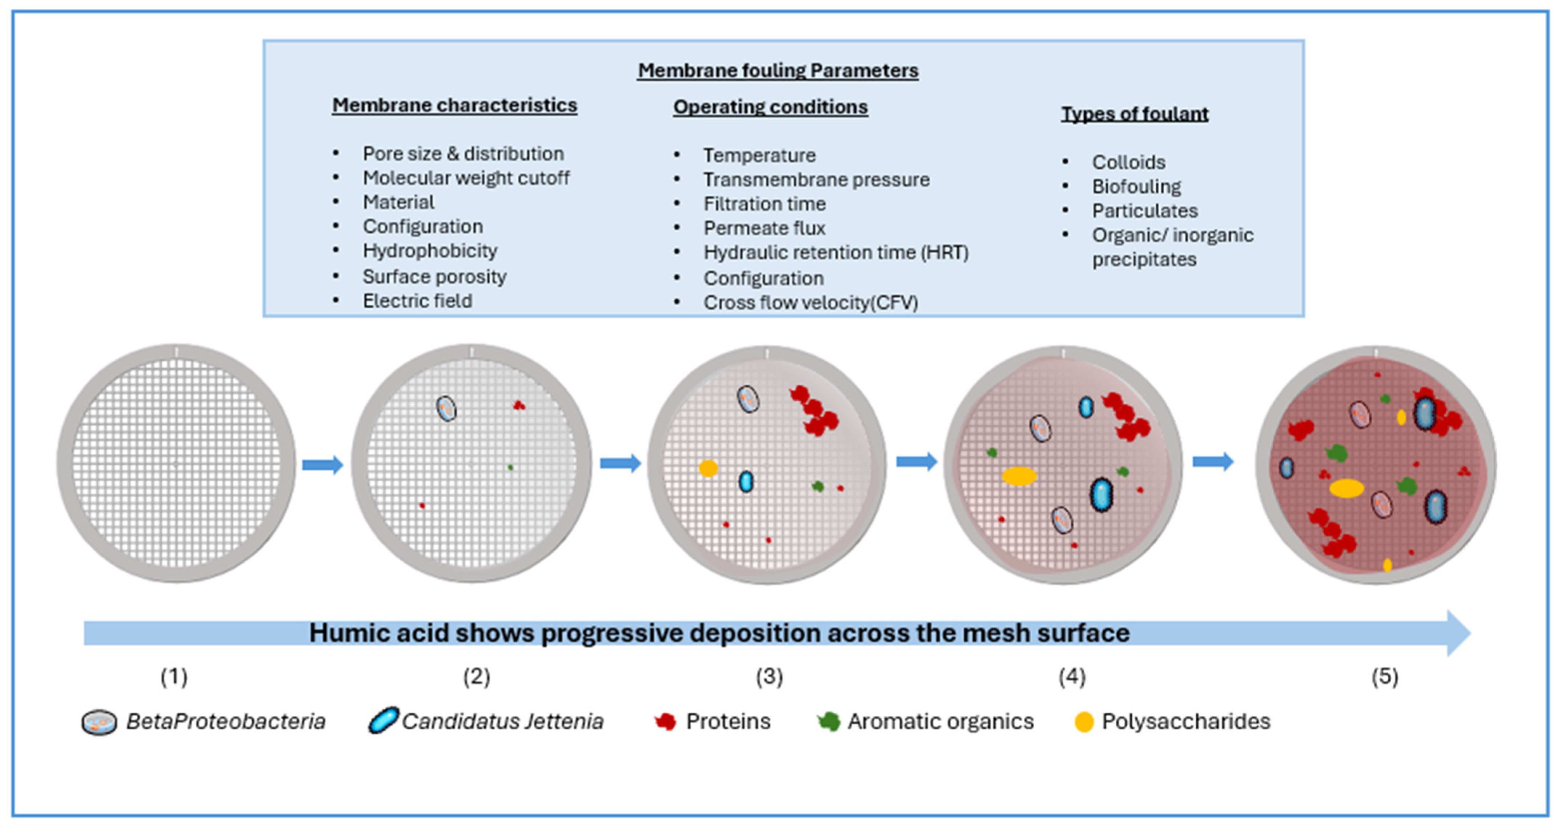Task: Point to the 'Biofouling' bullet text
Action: [x=1136, y=187]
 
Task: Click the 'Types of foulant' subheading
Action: [x=1134, y=114]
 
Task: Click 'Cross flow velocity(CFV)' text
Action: [x=811, y=302]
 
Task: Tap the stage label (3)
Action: [x=769, y=676]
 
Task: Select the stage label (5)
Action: [x=1385, y=676]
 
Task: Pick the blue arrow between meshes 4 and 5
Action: [x=1213, y=462]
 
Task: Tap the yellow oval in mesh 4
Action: [x=1019, y=476]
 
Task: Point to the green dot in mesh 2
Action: [x=510, y=467]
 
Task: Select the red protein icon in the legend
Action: [x=665, y=722]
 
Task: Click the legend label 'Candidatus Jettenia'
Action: [x=502, y=722]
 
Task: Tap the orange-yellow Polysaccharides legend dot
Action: [x=1083, y=722]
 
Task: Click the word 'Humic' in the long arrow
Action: [x=348, y=633]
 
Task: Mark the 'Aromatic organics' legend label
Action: [x=940, y=722]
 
